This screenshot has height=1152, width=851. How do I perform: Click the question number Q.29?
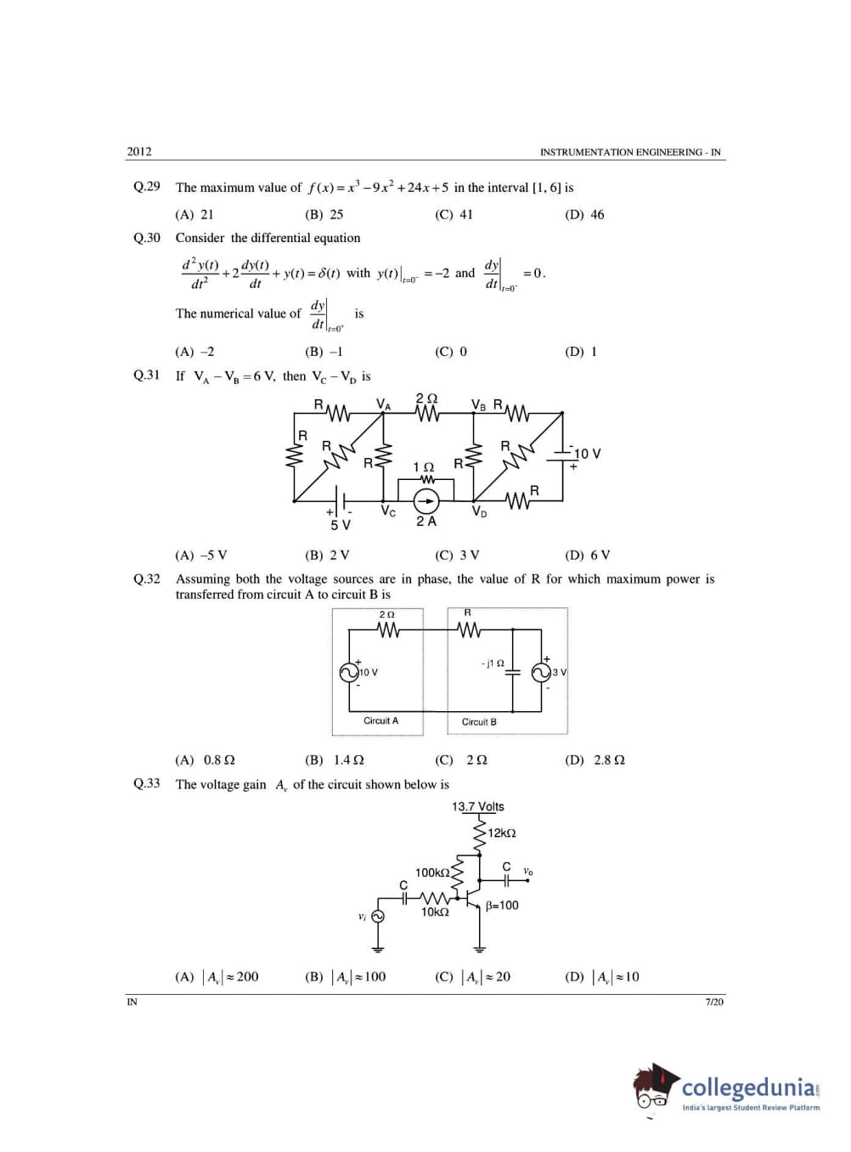(146, 187)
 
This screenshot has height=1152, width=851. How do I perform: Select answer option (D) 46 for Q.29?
(584, 215)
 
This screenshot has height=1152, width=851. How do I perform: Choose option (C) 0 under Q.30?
(451, 352)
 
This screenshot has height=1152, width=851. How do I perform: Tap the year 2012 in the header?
(139, 152)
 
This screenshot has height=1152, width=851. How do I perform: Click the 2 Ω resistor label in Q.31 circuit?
(426, 398)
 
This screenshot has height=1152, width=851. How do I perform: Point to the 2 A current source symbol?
(426, 501)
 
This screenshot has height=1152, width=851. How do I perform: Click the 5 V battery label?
(340, 525)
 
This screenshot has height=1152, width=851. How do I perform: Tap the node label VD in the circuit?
(479, 511)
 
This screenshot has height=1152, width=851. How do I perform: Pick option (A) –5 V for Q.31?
(201, 556)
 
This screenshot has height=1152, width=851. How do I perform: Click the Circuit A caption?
(380, 720)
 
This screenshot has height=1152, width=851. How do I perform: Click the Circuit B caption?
(479, 722)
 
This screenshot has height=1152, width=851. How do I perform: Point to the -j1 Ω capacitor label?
(493, 663)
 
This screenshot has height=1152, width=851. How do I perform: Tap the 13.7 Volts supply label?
(477, 806)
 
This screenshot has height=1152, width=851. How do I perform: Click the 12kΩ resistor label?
(501, 833)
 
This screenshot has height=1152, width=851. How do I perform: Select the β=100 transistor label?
(502, 906)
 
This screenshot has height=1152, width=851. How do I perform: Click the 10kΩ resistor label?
(435, 912)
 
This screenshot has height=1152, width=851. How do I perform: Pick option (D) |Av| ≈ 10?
(602, 977)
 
